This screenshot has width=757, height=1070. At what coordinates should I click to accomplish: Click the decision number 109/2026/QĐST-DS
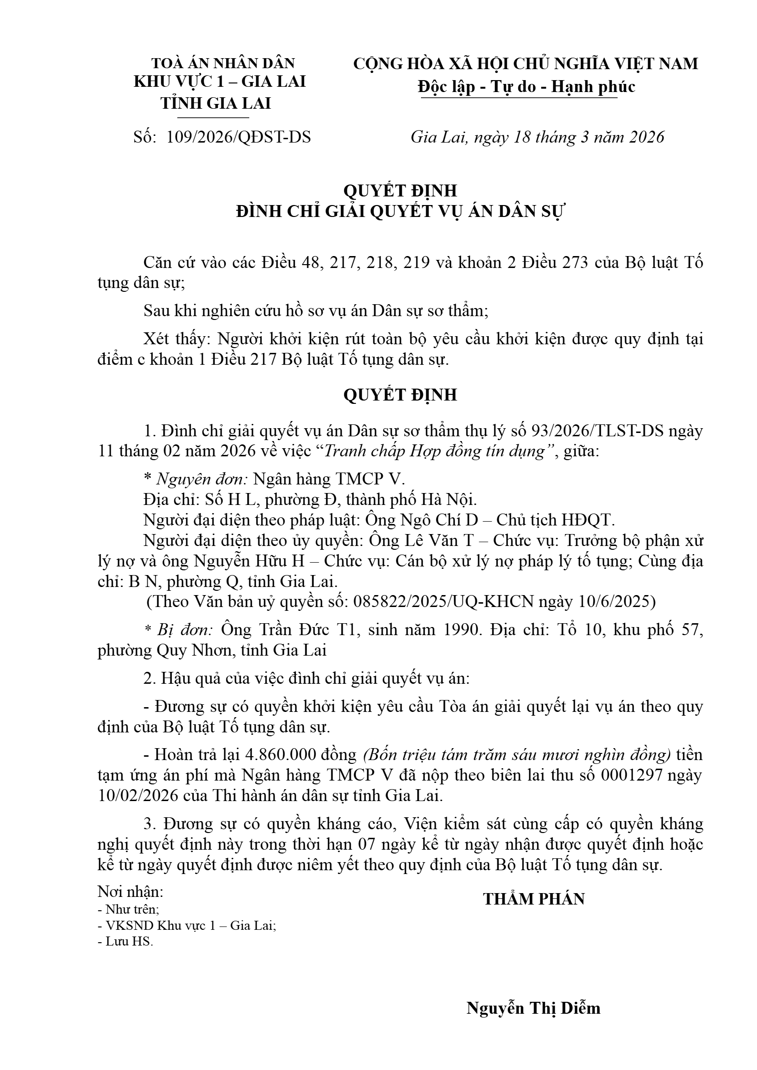pos(239,137)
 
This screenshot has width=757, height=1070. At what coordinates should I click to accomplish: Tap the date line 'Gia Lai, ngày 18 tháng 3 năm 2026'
pos(537,137)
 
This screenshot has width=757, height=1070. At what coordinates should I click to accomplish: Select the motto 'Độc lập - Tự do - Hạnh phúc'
pos(526,87)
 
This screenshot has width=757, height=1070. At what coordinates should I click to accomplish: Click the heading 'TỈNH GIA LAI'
pos(216,103)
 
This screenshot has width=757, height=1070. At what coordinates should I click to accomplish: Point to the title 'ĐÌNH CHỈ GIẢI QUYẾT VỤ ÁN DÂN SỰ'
pos(400,211)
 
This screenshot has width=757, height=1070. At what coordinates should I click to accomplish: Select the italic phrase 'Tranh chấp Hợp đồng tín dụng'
pos(434,452)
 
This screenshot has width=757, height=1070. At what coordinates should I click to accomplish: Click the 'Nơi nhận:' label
pos(130,891)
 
